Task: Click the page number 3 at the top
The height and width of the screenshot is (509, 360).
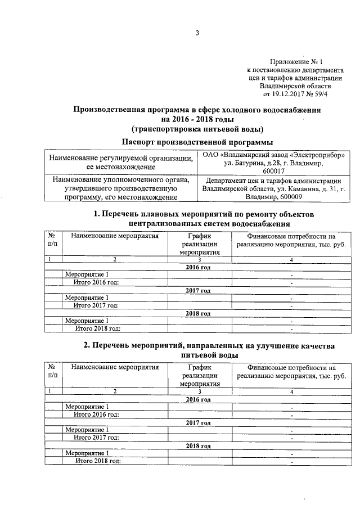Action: (197, 33)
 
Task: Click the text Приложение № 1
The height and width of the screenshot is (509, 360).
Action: (296, 61)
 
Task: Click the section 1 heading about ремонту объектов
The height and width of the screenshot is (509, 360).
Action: (197, 219)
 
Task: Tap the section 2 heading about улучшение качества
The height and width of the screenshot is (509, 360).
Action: (197, 349)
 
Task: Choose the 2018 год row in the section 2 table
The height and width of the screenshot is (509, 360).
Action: (197, 445)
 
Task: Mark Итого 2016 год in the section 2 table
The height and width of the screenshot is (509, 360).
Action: (96, 414)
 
